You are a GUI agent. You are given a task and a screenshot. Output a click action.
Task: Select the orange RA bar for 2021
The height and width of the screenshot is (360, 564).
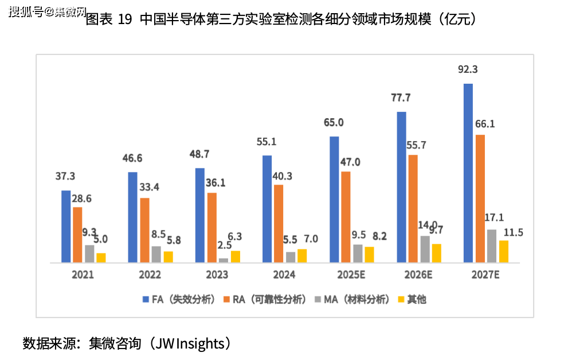[77, 234]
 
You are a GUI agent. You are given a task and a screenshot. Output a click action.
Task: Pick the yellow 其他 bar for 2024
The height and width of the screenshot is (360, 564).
[302, 256]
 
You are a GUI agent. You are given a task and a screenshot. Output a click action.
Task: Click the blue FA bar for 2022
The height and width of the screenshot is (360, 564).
[132, 217]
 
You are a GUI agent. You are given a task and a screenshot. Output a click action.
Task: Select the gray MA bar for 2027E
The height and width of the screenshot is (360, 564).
[492, 246]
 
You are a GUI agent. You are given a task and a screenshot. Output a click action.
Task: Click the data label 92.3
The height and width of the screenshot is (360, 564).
[468, 70]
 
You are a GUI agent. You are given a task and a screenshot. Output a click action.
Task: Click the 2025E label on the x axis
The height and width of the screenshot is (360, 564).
[351, 275]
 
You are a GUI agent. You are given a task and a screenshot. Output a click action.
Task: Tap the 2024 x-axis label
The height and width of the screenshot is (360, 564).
[284, 275]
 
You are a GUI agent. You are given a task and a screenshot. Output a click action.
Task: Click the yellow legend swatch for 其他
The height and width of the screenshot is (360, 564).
[401, 299]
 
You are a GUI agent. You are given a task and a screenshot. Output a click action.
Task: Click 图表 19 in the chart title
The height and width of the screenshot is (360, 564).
[108, 19]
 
